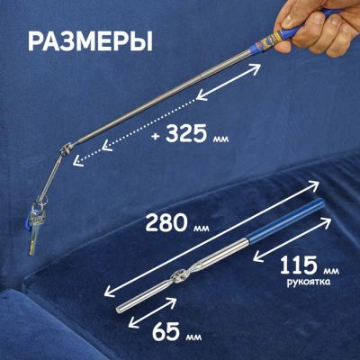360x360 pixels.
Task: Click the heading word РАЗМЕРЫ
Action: point(91,41)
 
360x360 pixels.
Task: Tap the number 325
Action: point(186,133)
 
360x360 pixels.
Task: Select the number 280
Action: point(166,223)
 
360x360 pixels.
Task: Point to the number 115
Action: point(300,265)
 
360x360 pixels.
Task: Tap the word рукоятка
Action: point(309,283)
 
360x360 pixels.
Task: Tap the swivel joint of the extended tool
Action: point(65,149)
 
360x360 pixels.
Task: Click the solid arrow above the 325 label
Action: point(229,81)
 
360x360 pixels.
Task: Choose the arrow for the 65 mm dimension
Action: point(152,312)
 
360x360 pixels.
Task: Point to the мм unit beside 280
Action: point(200,229)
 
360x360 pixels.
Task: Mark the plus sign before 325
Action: point(155,136)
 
